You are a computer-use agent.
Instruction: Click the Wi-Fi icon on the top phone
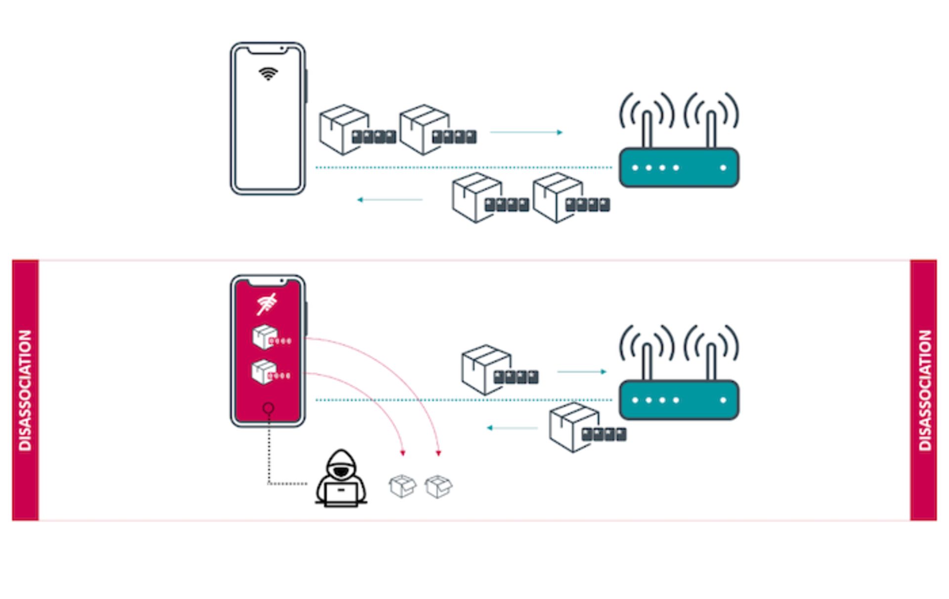click(268, 74)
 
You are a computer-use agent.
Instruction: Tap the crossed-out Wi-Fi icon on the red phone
click(267, 304)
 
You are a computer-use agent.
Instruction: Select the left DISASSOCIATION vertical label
click(25, 390)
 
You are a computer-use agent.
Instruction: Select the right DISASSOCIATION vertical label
click(924, 390)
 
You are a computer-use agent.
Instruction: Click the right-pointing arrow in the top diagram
click(526, 132)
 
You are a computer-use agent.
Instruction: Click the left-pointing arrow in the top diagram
click(390, 200)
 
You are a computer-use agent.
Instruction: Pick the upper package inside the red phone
click(265, 337)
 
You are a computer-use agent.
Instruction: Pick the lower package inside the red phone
click(264, 372)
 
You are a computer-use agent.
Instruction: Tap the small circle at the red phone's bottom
click(268, 408)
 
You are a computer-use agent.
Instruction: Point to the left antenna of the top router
click(647, 128)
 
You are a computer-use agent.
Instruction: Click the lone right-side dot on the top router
click(723, 168)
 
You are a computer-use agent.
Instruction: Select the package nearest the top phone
click(344, 129)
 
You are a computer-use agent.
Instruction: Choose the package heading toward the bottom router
click(486, 370)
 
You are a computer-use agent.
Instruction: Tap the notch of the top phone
click(267, 49)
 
